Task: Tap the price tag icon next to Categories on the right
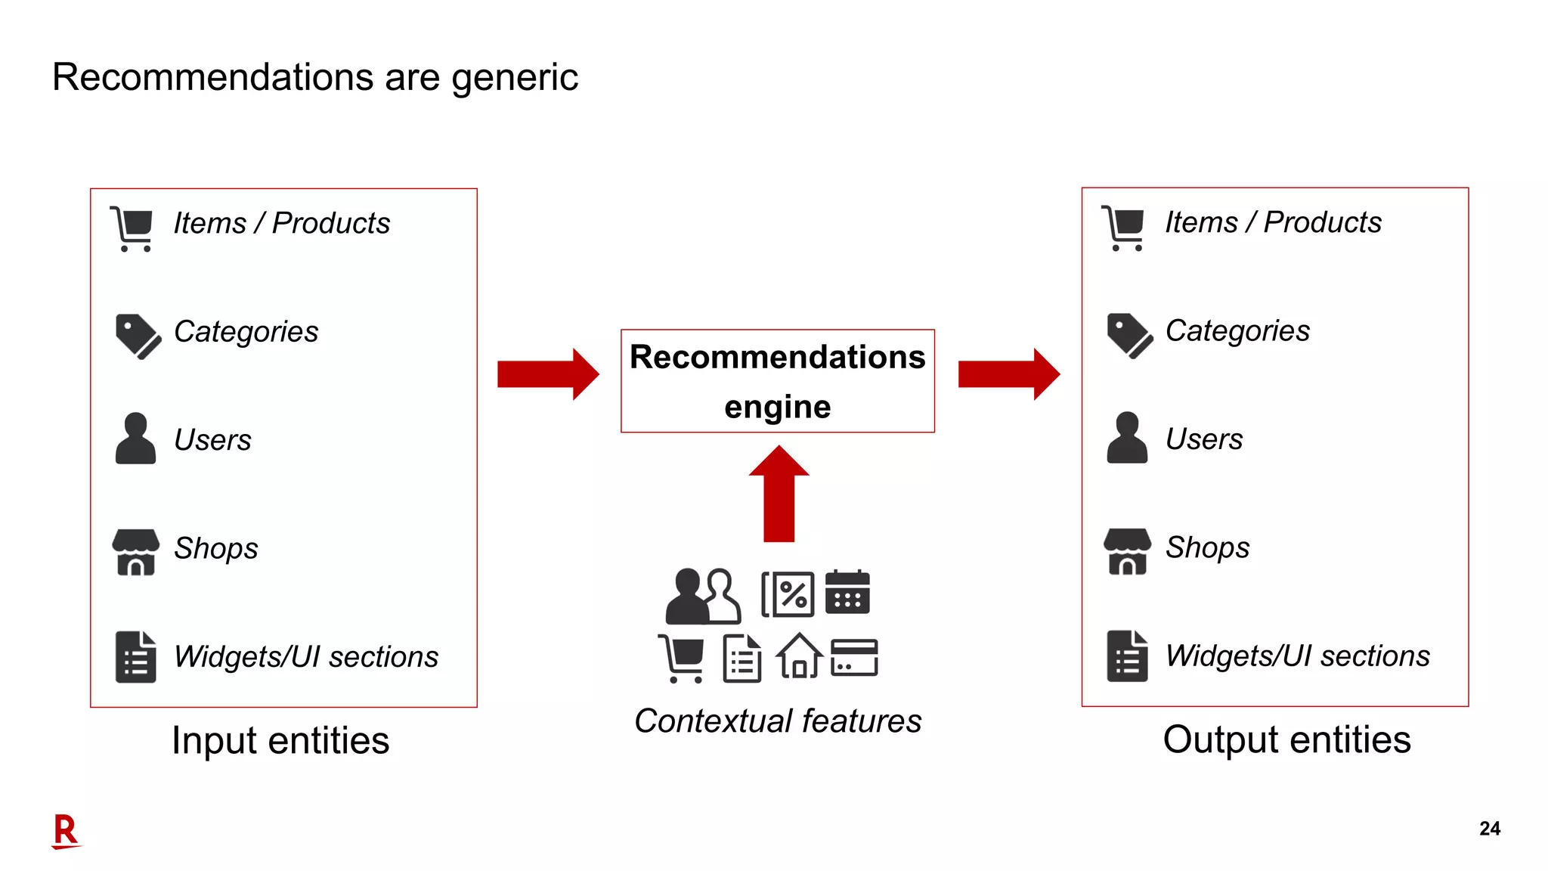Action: click(1129, 335)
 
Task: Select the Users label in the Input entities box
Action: click(212, 440)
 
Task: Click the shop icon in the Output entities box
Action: click(1127, 551)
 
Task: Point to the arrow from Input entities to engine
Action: click(548, 374)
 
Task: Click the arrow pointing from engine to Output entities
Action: click(1008, 374)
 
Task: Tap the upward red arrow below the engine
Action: click(779, 495)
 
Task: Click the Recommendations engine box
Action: click(777, 381)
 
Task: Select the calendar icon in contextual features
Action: click(847, 592)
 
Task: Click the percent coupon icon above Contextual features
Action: click(788, 594)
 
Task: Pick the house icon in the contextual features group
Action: click(798, 656)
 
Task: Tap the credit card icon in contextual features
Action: click(854, 657)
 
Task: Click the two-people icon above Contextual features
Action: click(702, 596)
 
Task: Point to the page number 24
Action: click(1489, 829)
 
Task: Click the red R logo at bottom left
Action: click(66, 831)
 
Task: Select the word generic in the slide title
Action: click(514, 78)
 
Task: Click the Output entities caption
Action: click(1286, 739)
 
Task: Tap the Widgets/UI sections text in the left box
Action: click(306, 656)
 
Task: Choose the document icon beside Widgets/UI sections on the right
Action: click(1127, 656)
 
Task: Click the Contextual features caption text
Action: click(777, 721)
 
